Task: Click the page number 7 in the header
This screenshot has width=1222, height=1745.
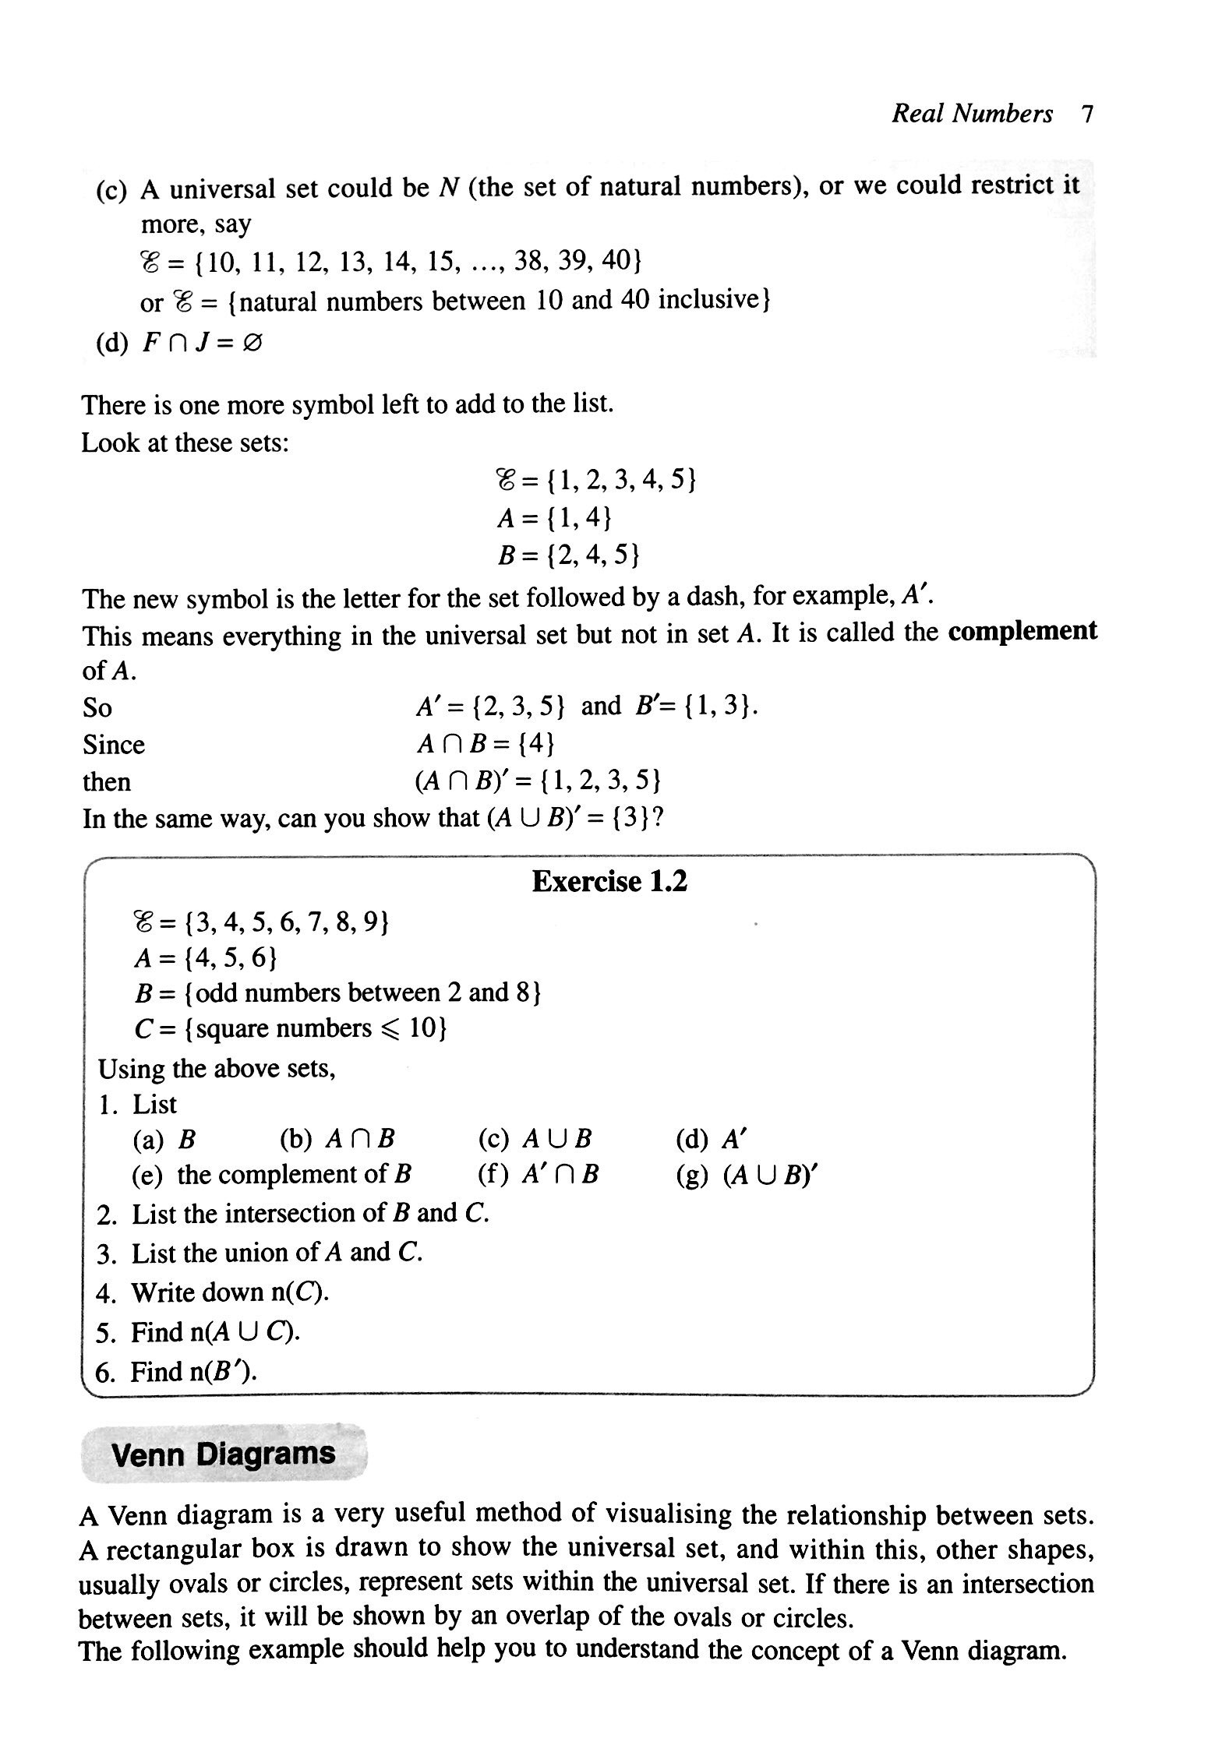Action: pos(1087,115)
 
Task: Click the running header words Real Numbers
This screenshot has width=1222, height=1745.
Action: pos(971,115)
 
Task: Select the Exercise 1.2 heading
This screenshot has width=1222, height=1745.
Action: pos(609,882)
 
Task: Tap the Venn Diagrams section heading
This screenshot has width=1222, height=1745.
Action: pos(223,1453)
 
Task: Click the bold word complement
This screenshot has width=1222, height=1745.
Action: pos(1022,631)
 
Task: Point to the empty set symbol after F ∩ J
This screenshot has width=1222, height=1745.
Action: pos(253,344)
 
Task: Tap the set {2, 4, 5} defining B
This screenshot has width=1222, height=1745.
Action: pos(593,555)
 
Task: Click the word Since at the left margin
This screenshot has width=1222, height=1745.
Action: pos(114,746)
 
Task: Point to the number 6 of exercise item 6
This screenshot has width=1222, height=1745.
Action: pos(102,1372)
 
